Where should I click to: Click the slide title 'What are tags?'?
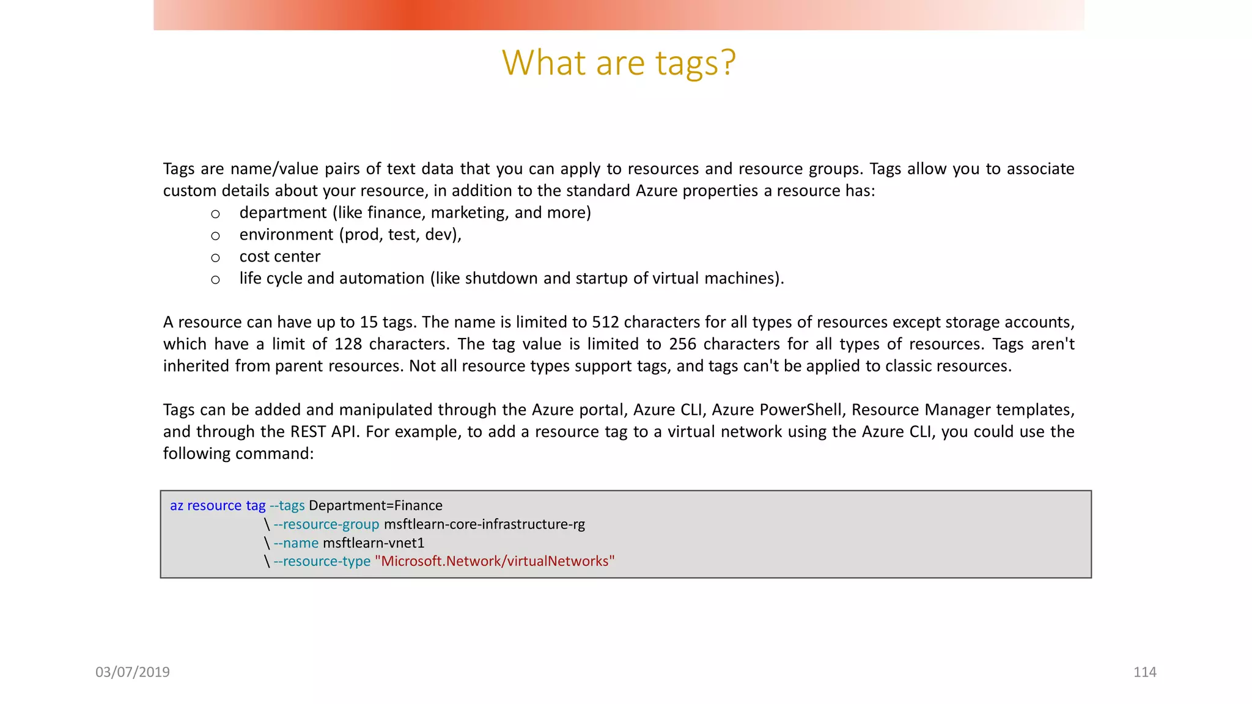[619, 62]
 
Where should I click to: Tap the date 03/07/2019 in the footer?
[133, 672]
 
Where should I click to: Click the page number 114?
[1144, 672]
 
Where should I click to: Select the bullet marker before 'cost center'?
[215, 258]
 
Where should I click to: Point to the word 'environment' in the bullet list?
[286, 235]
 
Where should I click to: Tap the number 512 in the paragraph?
[605, 322]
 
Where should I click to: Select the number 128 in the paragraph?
[348, 344]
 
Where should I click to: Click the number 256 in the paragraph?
[682, 344]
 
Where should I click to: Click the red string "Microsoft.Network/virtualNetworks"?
[495, 561]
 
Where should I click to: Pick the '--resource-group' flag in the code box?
[326, 524]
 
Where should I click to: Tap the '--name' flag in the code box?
[296, 543]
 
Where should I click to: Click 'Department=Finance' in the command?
[375, 505]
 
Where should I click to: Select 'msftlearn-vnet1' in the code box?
[374, 543]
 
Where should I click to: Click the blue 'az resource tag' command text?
[218, 505]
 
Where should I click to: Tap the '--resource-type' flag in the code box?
[322, 561]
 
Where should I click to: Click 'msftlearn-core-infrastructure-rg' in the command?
[484, 524]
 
